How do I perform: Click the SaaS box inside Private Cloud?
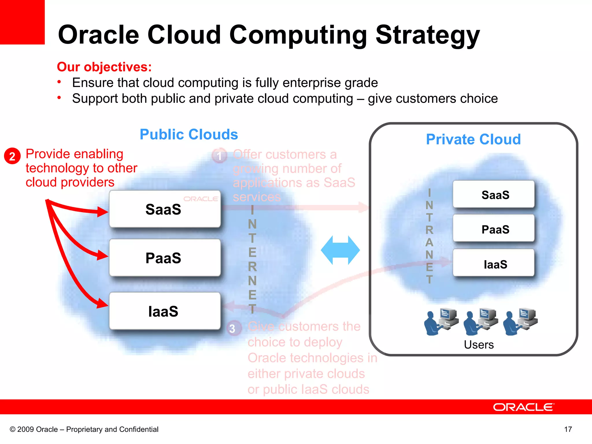[x=494, y=195]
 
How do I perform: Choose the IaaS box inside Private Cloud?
[x=494, y=264]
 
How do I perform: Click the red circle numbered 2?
[x=12, y=156]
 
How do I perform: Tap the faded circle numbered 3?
[x=233, y=328]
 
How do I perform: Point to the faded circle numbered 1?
[x=219, y=156]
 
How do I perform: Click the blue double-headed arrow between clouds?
[x=340, y=250]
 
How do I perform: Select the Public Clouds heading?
[x=189, y=134]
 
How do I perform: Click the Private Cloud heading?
[x=473, y=139]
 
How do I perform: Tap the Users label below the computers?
[x=479, y=345]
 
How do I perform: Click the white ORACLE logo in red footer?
[x=523, y=407]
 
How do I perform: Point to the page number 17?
[x=568, y=429]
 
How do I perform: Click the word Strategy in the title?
[x=428, y=35]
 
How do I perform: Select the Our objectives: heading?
[x=104, y=67]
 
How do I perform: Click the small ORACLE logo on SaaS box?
[x=201, y=199]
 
